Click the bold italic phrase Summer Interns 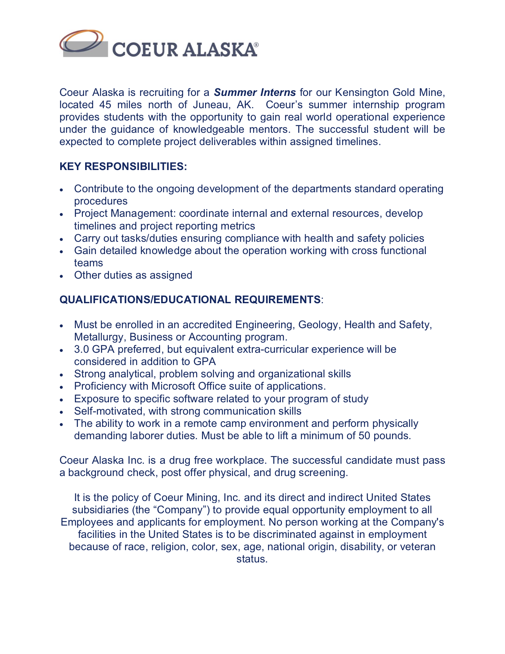[255, 92]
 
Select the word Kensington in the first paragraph [362, 92]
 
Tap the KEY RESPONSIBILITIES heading [123, 166]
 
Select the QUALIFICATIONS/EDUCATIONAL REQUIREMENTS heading [190, 300]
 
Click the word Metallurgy [99, 337]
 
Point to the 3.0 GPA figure [94, 349]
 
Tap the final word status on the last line [252, 559]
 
